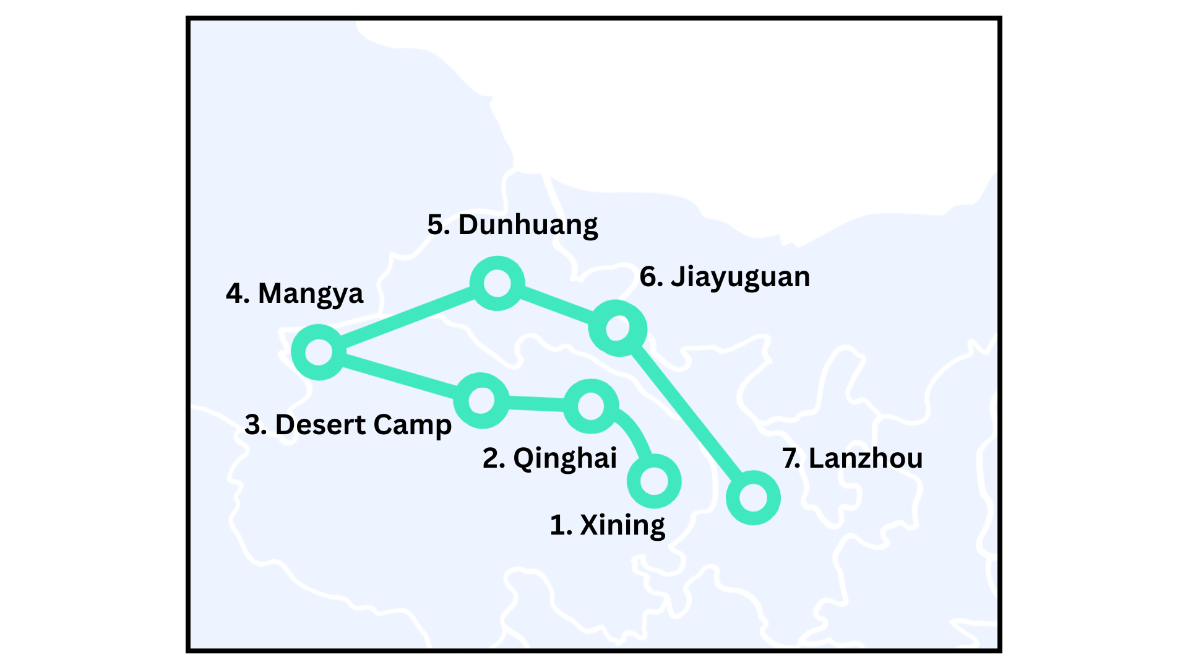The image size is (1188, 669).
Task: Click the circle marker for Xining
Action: coord(654,481)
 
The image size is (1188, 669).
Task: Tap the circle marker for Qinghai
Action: coord(591,406)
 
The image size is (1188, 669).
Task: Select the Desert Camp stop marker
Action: coord(481,401)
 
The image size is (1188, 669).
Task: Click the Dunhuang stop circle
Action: coord(497,283)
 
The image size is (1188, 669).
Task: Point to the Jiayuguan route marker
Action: coord(618,328)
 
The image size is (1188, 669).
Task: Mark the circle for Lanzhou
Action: coord(753,497)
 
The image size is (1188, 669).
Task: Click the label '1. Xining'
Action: coord(607,525)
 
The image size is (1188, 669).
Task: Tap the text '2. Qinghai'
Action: coord(549,458)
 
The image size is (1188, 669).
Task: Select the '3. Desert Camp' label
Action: coord(348,425)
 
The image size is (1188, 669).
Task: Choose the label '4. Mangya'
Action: coord(295,294)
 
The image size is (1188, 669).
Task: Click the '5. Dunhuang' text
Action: coord(512,225)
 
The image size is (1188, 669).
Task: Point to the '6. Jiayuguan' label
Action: coord(725,277)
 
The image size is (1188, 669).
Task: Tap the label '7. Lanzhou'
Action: coord(852,458)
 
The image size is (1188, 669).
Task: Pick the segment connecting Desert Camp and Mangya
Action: coord(399,376)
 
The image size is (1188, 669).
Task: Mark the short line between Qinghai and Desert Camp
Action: coord(536,404)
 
